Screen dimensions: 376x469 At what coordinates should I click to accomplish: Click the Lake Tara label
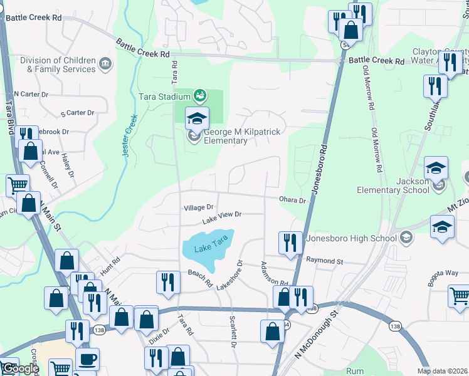click(x=208, y=249)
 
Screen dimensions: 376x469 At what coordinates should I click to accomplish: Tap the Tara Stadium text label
click(x=164, y=96)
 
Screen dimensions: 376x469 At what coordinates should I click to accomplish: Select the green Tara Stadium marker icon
click(x=200, y=96)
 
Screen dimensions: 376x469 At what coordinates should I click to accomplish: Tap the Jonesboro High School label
click(x=351, y=238)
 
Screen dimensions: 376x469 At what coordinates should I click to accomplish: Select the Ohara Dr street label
click(x=293, y=201)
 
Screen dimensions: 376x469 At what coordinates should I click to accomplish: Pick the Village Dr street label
click(x=199, y=207)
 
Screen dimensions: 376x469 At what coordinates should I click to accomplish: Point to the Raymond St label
click(x=325, y=260)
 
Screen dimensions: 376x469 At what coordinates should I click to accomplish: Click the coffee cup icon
click(x=87, y=359)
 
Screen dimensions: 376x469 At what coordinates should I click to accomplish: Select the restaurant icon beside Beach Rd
click(x=166, y=283)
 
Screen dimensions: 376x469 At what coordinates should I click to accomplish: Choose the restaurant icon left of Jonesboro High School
click(x=289, y=244)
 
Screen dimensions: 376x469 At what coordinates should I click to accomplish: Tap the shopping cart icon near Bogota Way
click(x=459, y=296)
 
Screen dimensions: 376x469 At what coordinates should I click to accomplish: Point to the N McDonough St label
click(x=316, y=337)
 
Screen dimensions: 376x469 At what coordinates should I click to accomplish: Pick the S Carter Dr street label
click(x=77, y=113)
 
